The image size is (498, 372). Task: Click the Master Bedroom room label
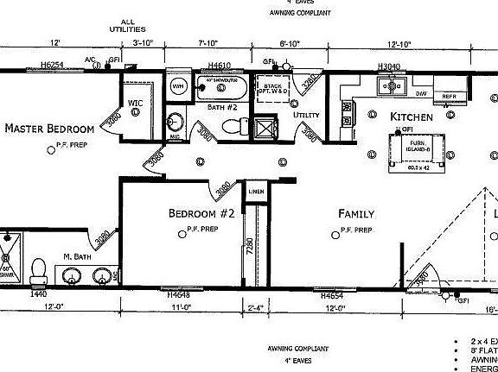(x=48, y=129)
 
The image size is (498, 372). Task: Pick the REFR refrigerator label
(x=449, y=96)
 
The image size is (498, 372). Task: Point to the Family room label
(x=355, y=212)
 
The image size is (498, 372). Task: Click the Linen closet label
(x=256, y=192)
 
